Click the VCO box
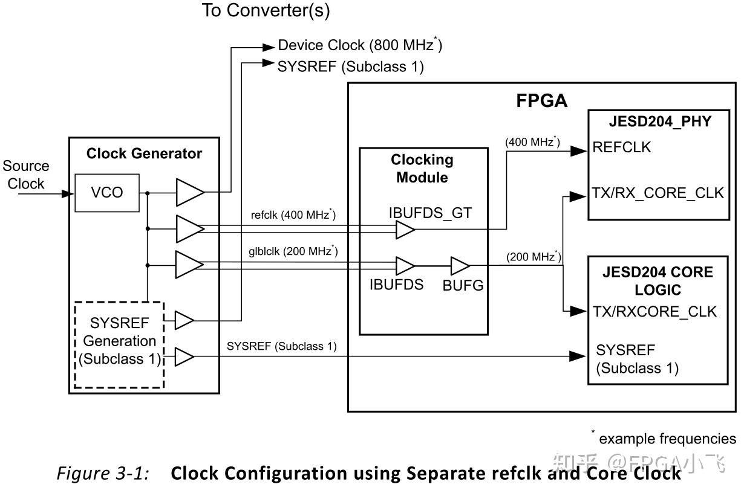click(107, 193)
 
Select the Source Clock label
click(25, 175)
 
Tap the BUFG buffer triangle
click(460, 265)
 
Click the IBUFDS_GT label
click(429, 213)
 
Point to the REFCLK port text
click(622, 147)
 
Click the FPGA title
click(541, 101)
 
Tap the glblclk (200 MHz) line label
click(293, 251)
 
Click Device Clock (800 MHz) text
click(361, 45)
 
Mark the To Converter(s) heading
click(266, 11)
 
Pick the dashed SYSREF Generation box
click(119, 344)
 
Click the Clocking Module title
click(422, 169)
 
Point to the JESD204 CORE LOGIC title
click(658, 281)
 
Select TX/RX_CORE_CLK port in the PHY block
click(658, 193)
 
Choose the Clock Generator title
click(144, 153)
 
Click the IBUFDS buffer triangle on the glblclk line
click(404, 265)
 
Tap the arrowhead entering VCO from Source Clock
click(69, 193)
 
